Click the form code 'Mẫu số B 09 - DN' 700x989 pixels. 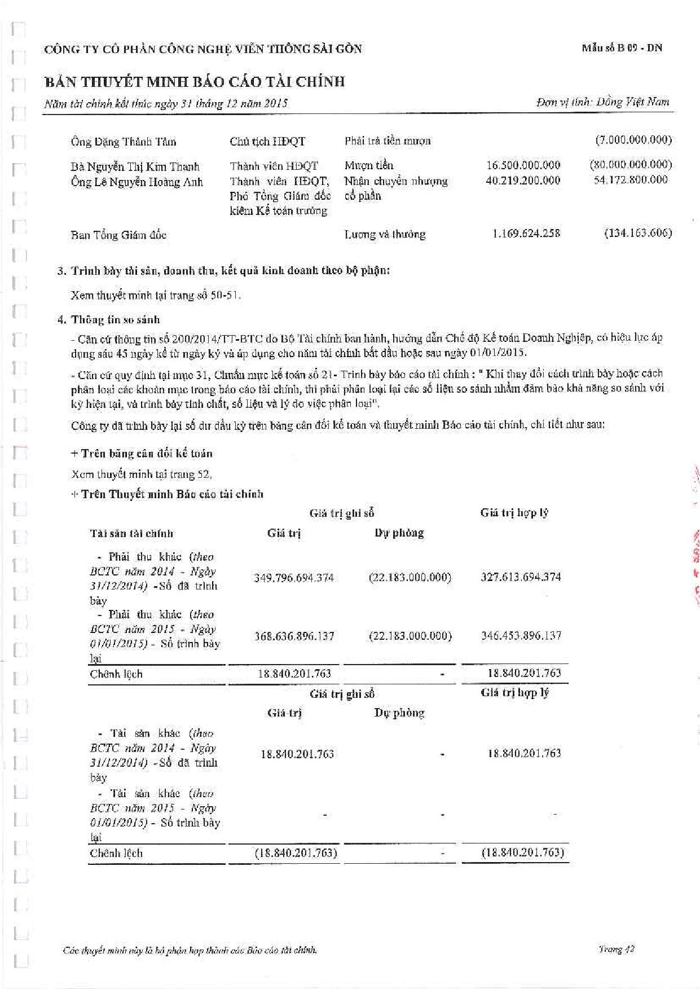(x=622, y=48)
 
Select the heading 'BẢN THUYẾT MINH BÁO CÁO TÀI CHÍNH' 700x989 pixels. (x=195, y=82)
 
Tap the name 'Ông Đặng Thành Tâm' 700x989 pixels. (x=124, y=142)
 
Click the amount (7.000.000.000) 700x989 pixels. (x=633, y=140)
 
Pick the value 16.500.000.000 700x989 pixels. (x=523, y=165)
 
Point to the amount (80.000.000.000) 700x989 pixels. (x=631, y=165)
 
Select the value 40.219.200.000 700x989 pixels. (x=523, y=181)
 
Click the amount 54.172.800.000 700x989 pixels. (x=631, y=180)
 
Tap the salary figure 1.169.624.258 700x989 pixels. (x=526, y=234)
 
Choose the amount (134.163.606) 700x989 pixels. (x=637, y=233)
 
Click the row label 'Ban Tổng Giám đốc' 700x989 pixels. (x=118, y=235)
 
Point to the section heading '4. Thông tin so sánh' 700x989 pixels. (x=108, y=320)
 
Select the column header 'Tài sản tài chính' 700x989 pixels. (x=131, y=533)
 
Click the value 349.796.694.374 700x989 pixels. (x=294, y=578)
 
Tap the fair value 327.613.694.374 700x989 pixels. (x=521, y=577)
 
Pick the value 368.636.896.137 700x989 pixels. (x=294, y=636)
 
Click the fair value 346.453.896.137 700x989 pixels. (x=521, y=636)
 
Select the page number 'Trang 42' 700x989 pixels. (x=616, y=949)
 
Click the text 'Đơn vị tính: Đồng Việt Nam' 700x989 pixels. (x=602, y=102)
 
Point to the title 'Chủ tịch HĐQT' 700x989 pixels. (x=267, y=142)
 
